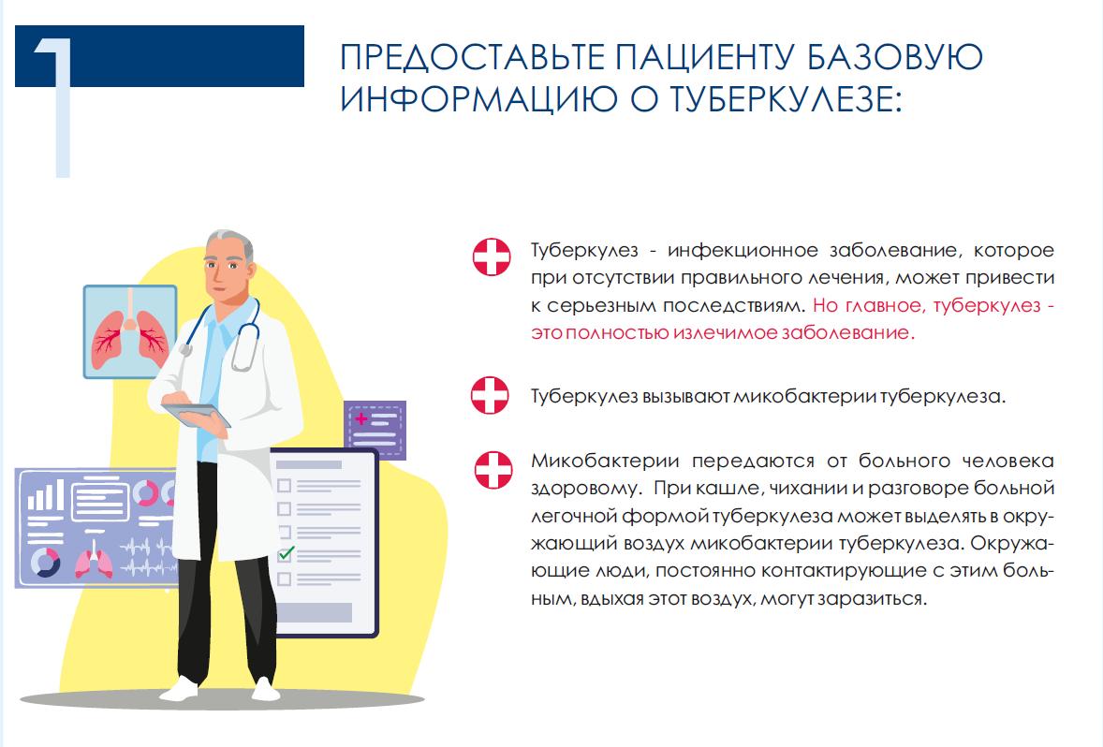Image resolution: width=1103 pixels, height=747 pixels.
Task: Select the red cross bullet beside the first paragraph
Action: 492,256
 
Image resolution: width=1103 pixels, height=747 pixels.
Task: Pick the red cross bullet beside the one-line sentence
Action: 490,395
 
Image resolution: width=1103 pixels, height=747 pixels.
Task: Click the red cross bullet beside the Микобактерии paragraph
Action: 493,470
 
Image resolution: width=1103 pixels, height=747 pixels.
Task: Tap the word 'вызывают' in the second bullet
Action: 686,397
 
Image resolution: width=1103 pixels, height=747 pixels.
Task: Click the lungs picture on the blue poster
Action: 129,332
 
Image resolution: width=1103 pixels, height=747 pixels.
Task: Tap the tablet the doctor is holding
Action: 196,415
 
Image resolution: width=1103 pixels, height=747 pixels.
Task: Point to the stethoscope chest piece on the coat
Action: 185,348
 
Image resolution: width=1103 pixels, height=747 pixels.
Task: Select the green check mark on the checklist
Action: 286,553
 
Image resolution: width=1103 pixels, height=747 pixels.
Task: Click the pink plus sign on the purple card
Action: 361,419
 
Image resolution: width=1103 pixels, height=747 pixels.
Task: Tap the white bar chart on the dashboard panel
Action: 46,494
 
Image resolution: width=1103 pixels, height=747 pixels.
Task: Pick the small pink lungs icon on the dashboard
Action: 94,562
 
